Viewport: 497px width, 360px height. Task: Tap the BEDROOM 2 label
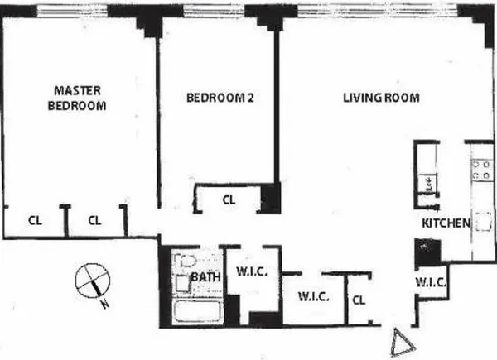219,98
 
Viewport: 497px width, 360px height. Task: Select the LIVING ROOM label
381,98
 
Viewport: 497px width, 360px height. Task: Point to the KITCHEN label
446,223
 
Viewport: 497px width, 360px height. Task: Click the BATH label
205,276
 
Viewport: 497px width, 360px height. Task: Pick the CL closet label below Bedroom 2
229,199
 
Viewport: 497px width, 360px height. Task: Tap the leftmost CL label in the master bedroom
35,220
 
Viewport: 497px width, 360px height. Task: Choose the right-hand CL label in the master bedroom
94,220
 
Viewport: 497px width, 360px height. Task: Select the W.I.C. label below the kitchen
431,282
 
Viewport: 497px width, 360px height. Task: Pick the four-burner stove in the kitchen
481,170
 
